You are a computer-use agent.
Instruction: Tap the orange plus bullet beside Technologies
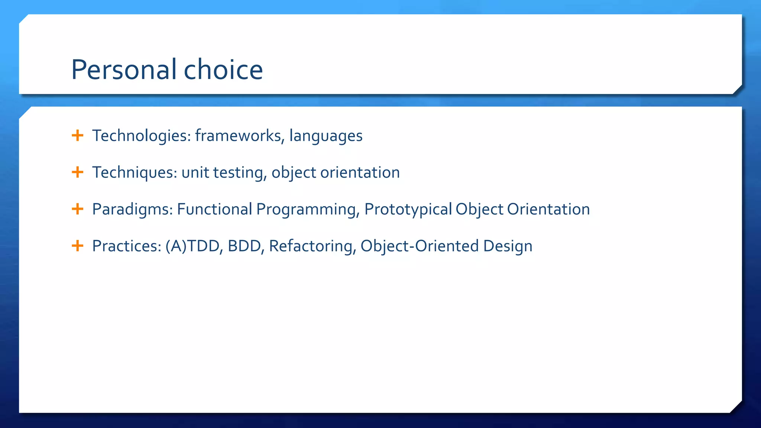pos(77,135)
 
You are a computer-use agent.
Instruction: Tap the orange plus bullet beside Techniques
pos(77,172)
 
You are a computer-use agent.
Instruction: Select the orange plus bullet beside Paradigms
pos(77,209)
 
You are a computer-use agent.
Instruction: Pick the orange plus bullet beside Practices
pos(77,246)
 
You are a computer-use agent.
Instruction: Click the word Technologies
pos(141,136)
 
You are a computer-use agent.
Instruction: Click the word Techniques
pos(135,172)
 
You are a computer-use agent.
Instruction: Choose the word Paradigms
pos(133,209)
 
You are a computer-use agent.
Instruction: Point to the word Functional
pos(214,209)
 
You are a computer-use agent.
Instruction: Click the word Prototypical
pos(408,209)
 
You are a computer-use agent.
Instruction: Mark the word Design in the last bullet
pos(508,246)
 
